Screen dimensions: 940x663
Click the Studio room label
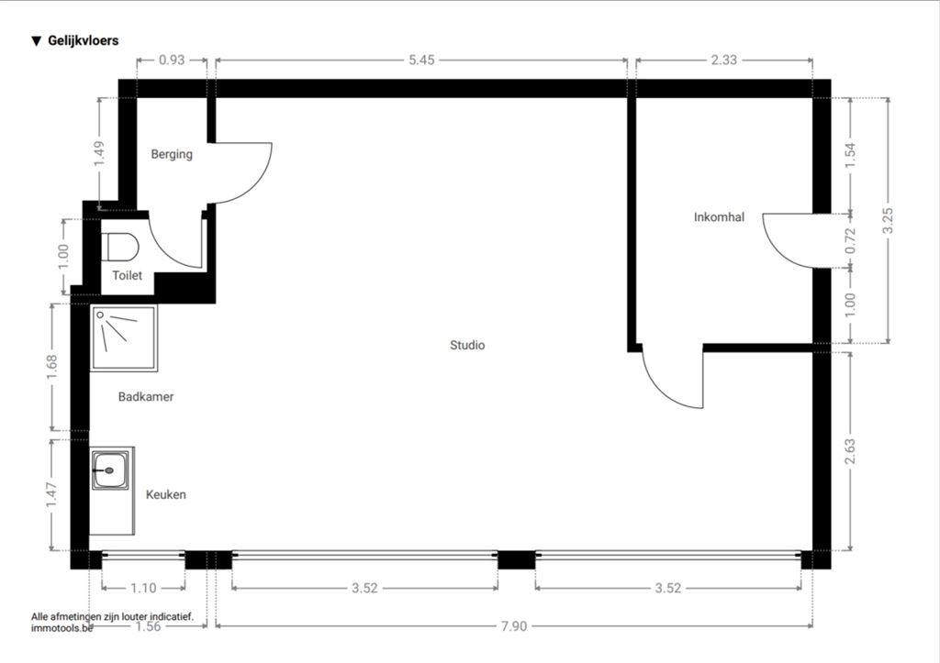[x=467, y=345]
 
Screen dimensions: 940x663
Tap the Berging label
[x=172, y=154]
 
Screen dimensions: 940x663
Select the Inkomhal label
[x=719, y=216]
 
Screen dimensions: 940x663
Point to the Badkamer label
[x=146, y=396]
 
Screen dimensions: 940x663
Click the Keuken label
[x=165, y=494]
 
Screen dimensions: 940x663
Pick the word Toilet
[x=127, y=275]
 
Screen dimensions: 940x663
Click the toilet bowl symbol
[x=120, y=247]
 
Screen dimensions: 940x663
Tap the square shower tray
[x=124, y=338]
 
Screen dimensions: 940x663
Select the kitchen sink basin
[x=110, y=470]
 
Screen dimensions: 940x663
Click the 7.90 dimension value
[x=514, y=626]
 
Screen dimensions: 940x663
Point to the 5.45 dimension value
[x=421, y=60]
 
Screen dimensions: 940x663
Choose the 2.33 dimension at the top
[x=723, y=60]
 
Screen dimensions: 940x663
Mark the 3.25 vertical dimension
[x=888, y=220]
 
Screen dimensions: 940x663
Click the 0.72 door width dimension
[x=850, y=241]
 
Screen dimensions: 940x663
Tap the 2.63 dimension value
[x=850, y=451]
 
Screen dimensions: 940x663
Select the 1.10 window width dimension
[x=143, y=588]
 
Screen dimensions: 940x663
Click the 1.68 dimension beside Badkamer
[x=52, y=367]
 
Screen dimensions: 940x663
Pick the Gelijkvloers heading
[x=75, y=40]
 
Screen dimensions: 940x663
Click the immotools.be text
[x=62, y=628]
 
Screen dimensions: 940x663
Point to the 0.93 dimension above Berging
[x=172, y=60]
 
